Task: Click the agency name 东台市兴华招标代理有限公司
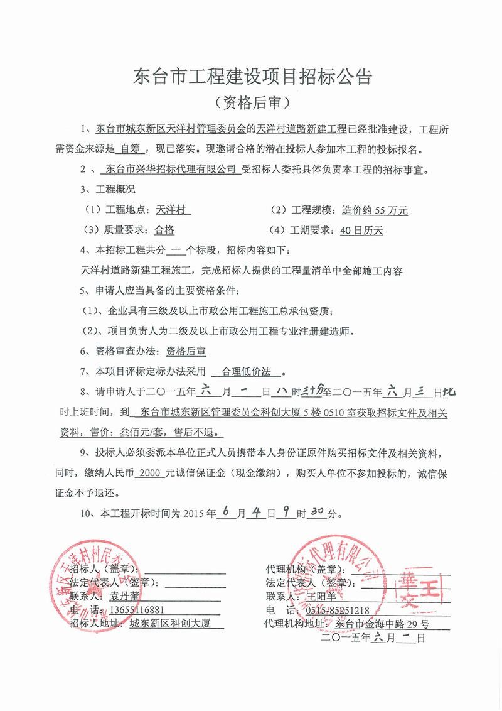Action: [x=169, y=169]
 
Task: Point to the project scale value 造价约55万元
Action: [x=375, y=210]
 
